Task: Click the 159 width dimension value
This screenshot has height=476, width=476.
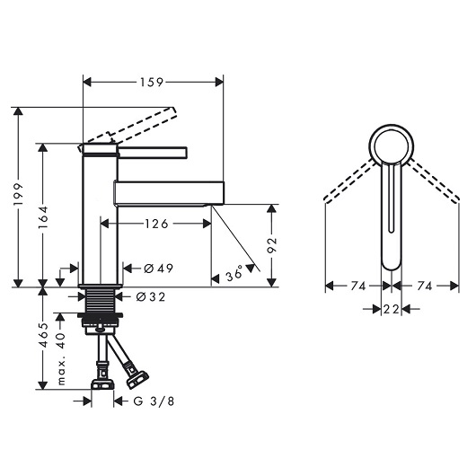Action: pyautogui.click(x=152, y=83)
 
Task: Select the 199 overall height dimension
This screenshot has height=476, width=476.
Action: pyautogui.click(x=19, y=195)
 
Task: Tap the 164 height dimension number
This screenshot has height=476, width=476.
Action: pyautogui.click(x=43, y=217)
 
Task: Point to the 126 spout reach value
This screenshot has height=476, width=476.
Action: pyautogui.click(x=156, y=224)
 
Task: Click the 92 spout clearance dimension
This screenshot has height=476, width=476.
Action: pyautogui.click(x=272, y=245)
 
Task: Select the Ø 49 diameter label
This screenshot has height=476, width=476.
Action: pyautogui.click(x=158, y=269)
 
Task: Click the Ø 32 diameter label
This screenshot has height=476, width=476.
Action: pyautogui.click(x=151, y=296)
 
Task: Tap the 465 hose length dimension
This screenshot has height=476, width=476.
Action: pyautogui.click(x=43, y=335)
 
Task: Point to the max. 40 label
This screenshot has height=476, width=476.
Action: pyautogui.click(x=61, y=358)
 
